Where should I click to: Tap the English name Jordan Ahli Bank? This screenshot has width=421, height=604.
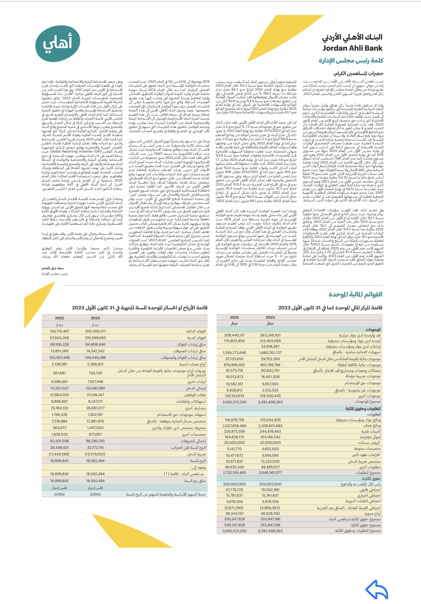coord(352,48)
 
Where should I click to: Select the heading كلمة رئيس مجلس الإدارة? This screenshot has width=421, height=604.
coord(351,61)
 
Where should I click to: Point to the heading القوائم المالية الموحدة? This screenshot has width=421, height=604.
coord(355,294)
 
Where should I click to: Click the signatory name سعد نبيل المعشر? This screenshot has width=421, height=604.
coord(52,268)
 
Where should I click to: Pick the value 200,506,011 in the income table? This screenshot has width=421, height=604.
coord(95,331)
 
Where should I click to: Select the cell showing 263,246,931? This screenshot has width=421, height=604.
coord(270,335)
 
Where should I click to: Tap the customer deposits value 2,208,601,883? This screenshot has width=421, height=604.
coord(270,426)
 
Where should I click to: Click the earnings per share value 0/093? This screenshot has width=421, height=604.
coord(95,494)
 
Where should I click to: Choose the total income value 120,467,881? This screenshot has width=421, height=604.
coord(95,388)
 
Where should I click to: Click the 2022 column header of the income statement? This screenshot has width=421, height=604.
coord(59,318)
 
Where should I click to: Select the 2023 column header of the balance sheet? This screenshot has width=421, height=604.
coord(270,317)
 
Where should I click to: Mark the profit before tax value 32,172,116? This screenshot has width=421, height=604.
coord(95,447)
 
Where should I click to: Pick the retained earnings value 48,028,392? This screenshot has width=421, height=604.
coord(270,513)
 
